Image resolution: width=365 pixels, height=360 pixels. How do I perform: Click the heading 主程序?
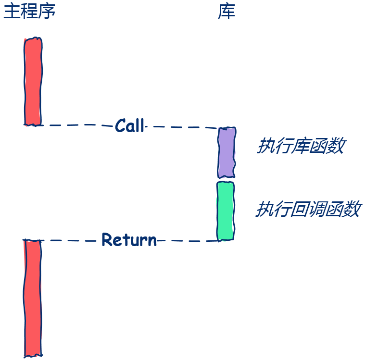click(29, 11)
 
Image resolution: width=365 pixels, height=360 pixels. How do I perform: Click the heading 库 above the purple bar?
click(227, 11)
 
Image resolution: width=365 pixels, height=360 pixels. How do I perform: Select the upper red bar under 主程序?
click(33, 81)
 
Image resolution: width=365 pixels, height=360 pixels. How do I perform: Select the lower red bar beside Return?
click(32, 298)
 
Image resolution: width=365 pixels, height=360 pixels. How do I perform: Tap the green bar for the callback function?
click(225, 211)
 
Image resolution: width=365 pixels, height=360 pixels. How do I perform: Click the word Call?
click(130, 126)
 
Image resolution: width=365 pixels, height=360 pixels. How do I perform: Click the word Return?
click(129, 239)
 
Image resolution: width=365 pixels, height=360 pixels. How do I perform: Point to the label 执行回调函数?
click(308, 210)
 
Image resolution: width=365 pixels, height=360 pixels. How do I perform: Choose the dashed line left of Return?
click(67, 240)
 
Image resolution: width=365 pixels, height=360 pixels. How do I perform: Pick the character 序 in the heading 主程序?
click(47, 11)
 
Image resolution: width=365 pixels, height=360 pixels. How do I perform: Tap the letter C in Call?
click(120, 126)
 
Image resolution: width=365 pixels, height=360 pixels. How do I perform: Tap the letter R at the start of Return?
click(107, 239)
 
